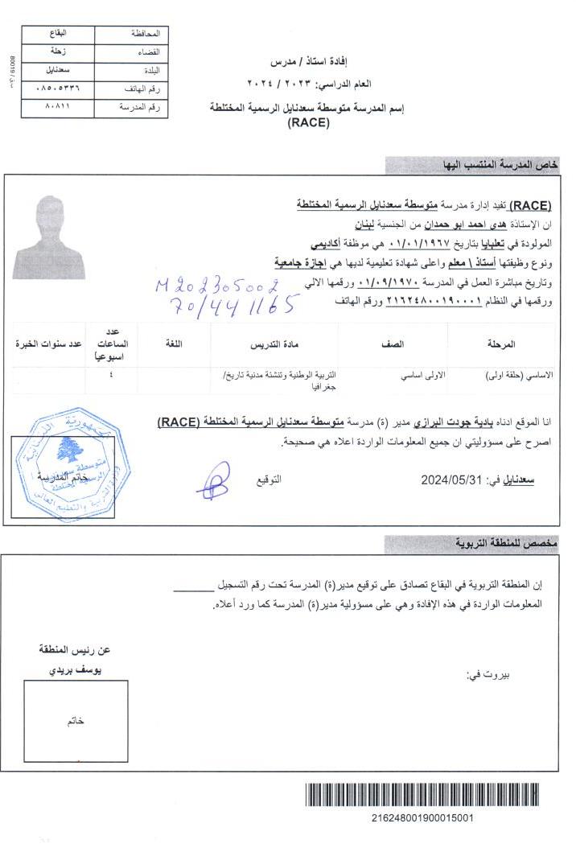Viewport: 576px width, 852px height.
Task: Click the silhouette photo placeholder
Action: click(x=60, y=238)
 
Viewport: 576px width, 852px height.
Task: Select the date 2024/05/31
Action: click(x=451, y=480)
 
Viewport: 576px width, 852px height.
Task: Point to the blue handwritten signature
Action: click(x=213, y=481)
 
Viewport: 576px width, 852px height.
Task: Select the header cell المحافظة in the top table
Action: click(x=131, y=35)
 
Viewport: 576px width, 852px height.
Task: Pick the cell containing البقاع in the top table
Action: click(x=58, y=34)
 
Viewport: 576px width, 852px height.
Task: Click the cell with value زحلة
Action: click(x=58, y=52)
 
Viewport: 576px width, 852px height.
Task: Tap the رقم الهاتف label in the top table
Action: click(x=131, y=88)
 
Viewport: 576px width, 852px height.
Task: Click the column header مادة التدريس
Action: click(x=274, y=344)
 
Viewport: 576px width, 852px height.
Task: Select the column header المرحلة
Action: click(x=500, y=344)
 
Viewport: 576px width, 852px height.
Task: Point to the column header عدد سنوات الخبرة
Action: click(x=49, y=344)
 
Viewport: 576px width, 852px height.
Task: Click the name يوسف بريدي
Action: click(x=75, y=669)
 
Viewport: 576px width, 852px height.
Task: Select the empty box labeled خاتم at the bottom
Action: click(x=76, y=721)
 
